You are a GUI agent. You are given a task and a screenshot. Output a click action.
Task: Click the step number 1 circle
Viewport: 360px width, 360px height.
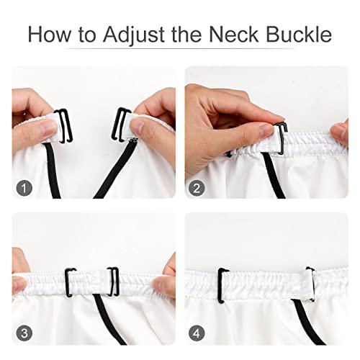click(x=26, y=189)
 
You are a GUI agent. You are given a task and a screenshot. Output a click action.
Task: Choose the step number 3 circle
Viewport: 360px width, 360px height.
click(x=26, y=333)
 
